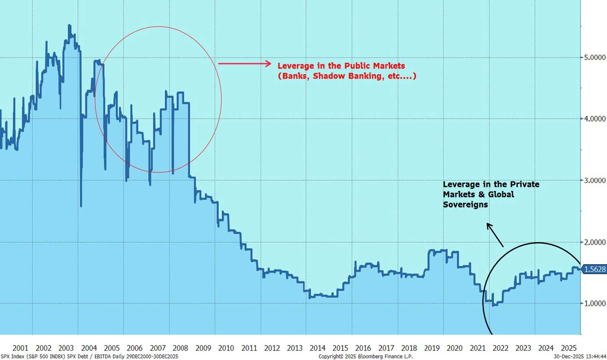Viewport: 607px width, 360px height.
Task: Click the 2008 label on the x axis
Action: point(181,348)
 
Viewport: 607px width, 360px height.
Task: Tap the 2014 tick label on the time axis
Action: point(318,348)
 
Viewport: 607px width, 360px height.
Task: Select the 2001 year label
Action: point(21,348)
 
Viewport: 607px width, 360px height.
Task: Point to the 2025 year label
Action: point(569,348)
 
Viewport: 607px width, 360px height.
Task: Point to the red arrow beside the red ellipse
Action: point(245,64)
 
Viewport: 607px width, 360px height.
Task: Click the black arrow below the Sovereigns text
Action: point(495,234)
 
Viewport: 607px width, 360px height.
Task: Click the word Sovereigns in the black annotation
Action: point(465,204)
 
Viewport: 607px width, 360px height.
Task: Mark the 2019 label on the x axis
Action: point(432,348)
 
